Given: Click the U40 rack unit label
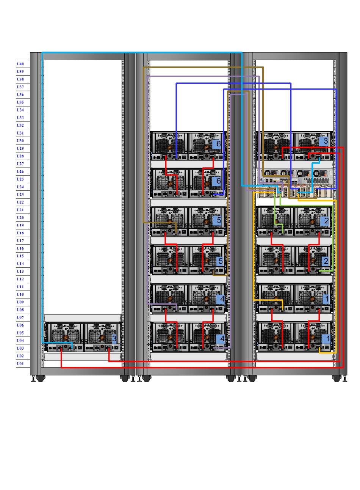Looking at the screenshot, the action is coord(20,64).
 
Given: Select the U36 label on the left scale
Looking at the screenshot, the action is coord(20,94).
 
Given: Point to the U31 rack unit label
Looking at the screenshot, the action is coord(20,133).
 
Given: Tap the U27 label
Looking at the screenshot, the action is coord(20,164).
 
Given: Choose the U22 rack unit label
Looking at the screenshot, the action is coord(20,202).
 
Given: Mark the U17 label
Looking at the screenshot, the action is coord(20,240).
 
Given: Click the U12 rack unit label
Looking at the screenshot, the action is coord(20,279).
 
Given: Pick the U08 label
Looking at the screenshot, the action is coord(20,309).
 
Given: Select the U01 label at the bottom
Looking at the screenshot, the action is coord(20,363).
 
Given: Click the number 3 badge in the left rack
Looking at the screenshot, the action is coord(114,338).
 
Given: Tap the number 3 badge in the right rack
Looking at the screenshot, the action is coord(326,141).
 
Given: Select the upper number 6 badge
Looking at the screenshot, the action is coord(218,144).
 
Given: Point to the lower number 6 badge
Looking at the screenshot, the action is coord(218,181).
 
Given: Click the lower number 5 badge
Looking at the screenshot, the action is coord(220,261).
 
